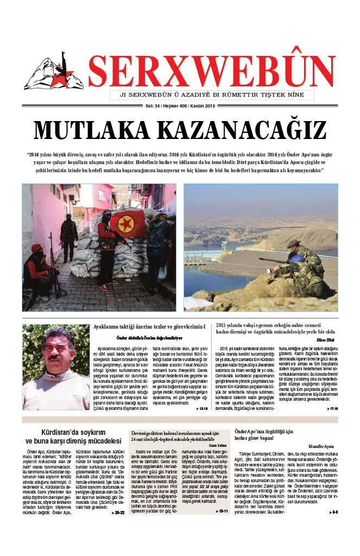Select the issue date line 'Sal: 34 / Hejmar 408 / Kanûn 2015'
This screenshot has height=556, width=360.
tap(180, 105)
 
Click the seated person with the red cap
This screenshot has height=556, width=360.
tap(39, 271)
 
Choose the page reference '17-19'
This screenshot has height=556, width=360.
tap(332, 408)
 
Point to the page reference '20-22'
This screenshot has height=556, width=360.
tap(118, 512)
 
